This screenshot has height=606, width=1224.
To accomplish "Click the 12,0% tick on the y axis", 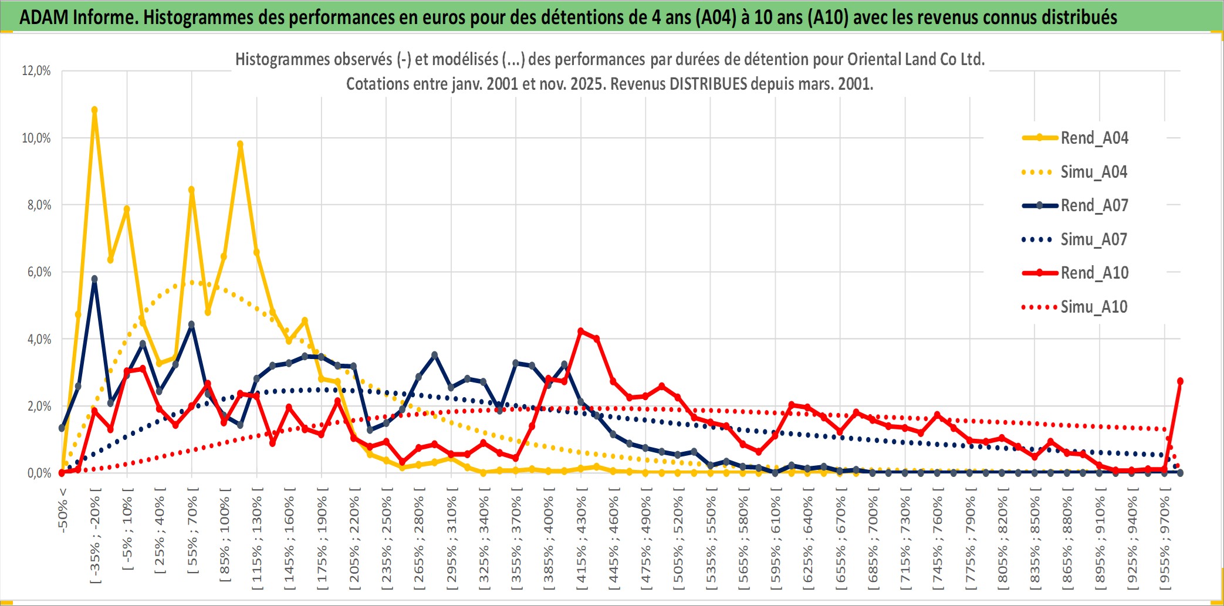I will click(x=36, y=71).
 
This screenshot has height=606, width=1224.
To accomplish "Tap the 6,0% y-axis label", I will click(x=39, y=272).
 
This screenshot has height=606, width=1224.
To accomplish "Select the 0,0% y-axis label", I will click(x=39, y=473).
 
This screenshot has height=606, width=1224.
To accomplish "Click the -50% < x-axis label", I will click(x=63, y=510).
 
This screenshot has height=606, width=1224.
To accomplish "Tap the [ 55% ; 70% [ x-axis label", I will click(x=192, y=535).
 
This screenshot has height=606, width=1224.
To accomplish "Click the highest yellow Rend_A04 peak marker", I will click(x=94, y=110).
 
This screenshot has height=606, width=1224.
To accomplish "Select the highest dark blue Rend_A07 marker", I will click(x=94, y=279).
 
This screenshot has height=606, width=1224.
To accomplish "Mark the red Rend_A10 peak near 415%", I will click(x=581, y=331).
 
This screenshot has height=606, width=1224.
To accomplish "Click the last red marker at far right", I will click(x=1180, y=381).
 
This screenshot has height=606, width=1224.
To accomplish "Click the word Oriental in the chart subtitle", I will click(x=873, y=59).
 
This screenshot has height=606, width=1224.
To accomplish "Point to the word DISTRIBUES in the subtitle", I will click(x=708, y=84).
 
